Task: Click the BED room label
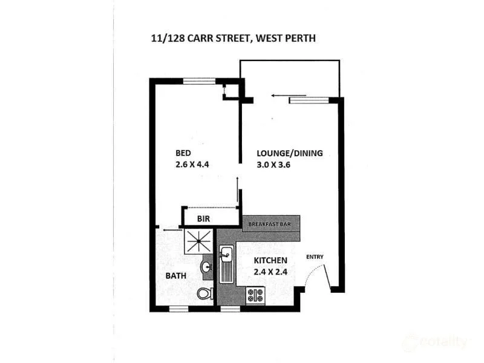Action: click(x=184, y=152)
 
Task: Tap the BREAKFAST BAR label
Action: click(x=270, y=224)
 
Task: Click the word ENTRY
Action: click(x=315, y=257)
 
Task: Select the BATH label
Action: click(x=176, y=276)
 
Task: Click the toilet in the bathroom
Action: click(x=205, y=294)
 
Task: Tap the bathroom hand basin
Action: click(x=206, y=267)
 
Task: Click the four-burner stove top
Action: click(x=255, y=296)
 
